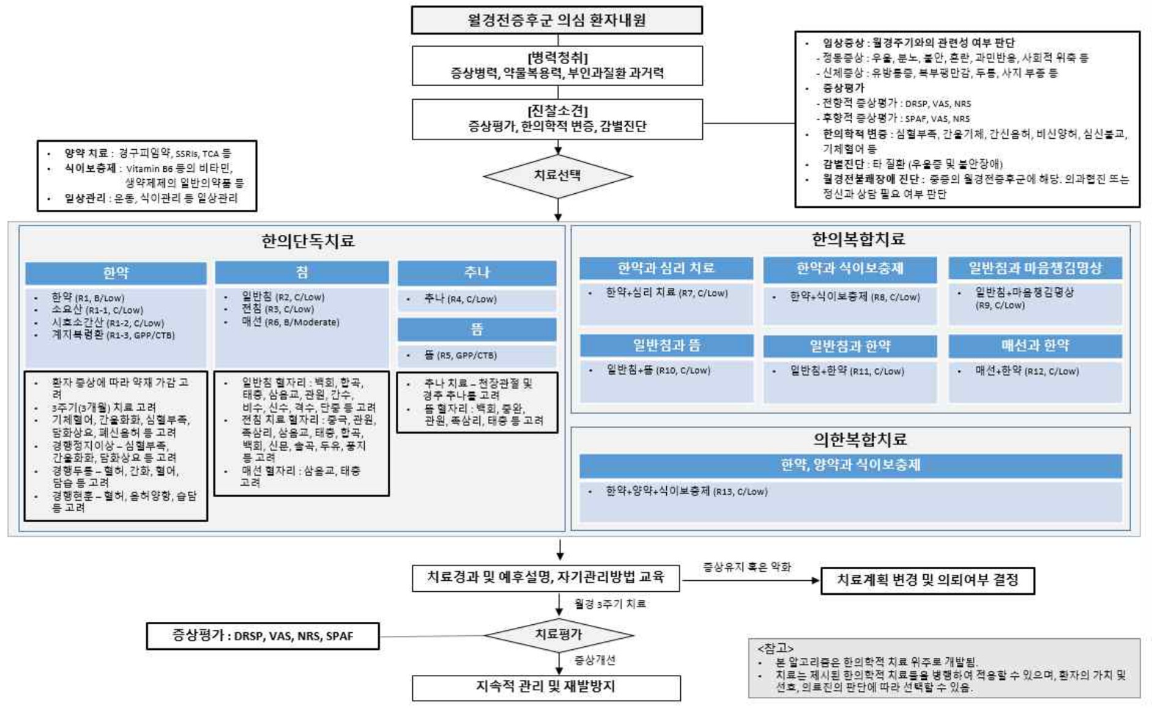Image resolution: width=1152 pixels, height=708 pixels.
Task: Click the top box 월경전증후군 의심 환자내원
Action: [556, 20]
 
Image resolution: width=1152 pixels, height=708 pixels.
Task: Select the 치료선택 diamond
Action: [557, 176]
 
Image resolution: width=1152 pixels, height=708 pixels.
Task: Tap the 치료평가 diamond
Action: [558, 635]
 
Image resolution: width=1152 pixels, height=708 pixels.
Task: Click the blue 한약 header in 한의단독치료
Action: [116, 273]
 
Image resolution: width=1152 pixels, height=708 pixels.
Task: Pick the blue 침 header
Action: [302, 272]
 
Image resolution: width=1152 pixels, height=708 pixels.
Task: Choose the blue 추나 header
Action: [477, 273]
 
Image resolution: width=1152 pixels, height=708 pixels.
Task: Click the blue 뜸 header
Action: [477, 329]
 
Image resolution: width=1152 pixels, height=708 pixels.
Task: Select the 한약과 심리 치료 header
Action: [666, 268]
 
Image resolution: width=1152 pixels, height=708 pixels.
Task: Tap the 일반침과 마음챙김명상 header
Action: [1035, 268]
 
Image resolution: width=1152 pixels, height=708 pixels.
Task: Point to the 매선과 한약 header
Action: [1035, 345]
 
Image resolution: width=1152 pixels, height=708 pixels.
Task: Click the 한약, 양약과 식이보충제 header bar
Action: [850, 465]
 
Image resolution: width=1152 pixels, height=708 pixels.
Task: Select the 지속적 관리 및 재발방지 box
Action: [546, 687]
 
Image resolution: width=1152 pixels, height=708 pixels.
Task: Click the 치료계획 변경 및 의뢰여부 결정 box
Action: [927, 580]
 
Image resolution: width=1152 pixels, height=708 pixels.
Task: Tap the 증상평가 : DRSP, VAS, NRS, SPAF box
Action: [262, 636]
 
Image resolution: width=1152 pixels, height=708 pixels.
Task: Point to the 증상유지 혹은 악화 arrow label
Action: [746, 567]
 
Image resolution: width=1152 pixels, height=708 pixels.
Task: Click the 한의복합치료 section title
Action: [858, 239]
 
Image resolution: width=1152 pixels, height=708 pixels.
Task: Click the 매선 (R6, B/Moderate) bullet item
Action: [290, 322]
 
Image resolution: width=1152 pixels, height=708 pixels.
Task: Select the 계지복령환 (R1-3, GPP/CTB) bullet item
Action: [113, 335]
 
